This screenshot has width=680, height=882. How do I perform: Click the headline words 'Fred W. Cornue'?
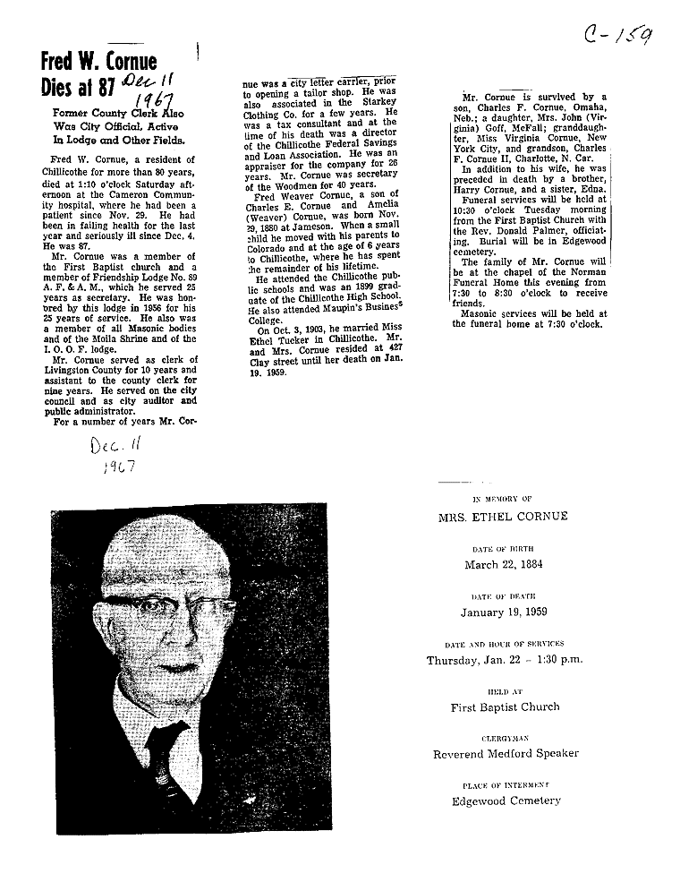click(x=98, y=63)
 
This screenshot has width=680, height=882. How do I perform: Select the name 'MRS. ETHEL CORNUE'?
click(x=502, y=517)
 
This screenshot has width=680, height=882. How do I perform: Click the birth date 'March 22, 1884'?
click(x=503, y=564)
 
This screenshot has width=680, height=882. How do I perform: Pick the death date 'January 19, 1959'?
click(x=504, y=612)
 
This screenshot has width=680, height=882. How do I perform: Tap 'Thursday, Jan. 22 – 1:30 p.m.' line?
click(x=504, y=660)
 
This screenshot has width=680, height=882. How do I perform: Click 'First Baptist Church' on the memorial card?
click(x=505, y=706)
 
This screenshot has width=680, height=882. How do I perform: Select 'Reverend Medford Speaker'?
click(x=505, y=754)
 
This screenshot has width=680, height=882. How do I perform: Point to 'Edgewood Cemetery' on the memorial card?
click(x=506, y=801)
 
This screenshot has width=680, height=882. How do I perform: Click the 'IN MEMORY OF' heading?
click(x=502, y=498)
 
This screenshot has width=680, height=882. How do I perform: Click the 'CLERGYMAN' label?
click(x=505, y=738)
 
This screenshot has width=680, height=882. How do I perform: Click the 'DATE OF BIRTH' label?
click(x=503, y=547)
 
